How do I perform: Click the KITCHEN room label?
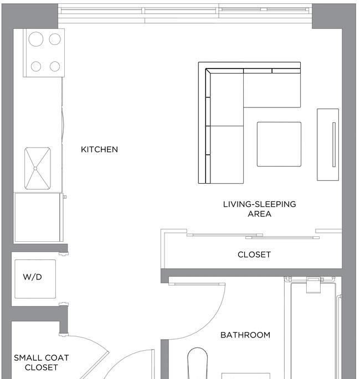coord(100,149)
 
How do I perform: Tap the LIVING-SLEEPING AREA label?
coord(259,209)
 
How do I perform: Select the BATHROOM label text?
coord(245,335)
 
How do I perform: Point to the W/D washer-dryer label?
coord(33,277)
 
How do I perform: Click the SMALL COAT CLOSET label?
coord(42,362)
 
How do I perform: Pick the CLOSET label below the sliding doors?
coord(254,255)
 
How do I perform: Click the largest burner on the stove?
coord(36,39)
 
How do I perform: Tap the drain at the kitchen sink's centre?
coord(35,168)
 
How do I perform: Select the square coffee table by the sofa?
coord(279,144)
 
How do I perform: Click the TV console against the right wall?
coord(328,144)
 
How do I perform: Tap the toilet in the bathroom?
coord(197,362)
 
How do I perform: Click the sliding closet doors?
coord(253,236)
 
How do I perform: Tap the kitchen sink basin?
coord(38,168)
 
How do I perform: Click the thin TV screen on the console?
coord(334,144)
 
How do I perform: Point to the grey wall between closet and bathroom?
coord(251,272)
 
